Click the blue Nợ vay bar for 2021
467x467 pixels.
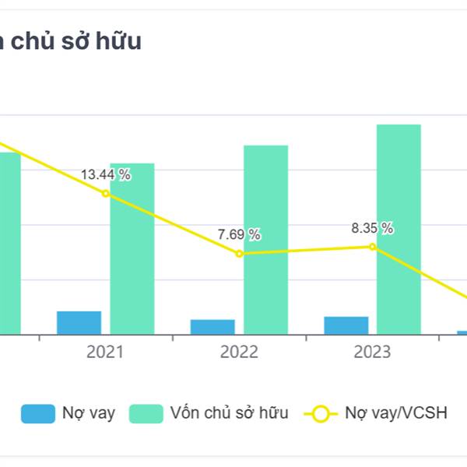(79, 322)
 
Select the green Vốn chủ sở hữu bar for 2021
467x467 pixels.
(132, 249)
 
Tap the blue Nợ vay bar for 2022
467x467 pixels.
(212, 327)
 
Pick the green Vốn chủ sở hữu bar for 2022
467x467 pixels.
(265, 240)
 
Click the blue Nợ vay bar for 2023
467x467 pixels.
(346, 325)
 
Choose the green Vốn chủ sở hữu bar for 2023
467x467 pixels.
(399, 230)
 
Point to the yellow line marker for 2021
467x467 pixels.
(106, 193)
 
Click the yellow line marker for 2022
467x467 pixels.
(239, 253)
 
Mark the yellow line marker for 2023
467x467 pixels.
(372, 247)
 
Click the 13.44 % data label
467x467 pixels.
(106, 175)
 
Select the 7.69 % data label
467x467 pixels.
(239, 234)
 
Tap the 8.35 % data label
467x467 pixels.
(372, 228)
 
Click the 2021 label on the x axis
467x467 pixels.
(106, 353)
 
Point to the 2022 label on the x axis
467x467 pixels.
(239, 353)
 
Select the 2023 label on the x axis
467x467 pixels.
(372, 353)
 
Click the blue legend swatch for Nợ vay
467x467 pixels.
(37, 413)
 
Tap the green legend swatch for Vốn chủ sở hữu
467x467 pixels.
(146, 413)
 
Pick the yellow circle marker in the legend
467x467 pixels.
(320, 413)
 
